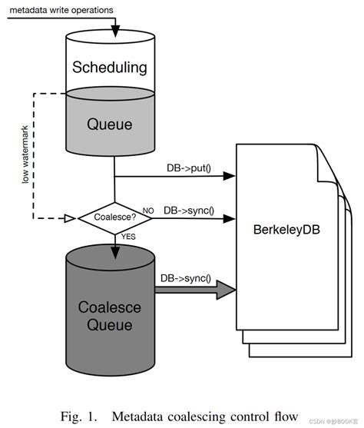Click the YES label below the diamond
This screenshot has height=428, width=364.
click(128, 239)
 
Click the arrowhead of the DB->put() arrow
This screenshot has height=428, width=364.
click(229, 176)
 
